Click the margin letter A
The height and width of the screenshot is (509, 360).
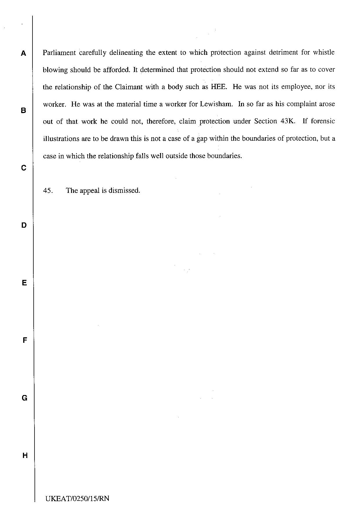(23, 53)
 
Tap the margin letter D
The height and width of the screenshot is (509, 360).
(24, 225)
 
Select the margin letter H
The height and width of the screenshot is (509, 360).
(25, 455)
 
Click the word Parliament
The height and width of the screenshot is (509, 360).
(59, 53)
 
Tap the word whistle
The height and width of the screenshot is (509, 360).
(324, 52)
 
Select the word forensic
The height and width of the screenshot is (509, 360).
(323, 121)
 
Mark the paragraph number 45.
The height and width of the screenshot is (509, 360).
(48, 191)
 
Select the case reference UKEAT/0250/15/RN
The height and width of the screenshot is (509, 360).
(77, 499)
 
